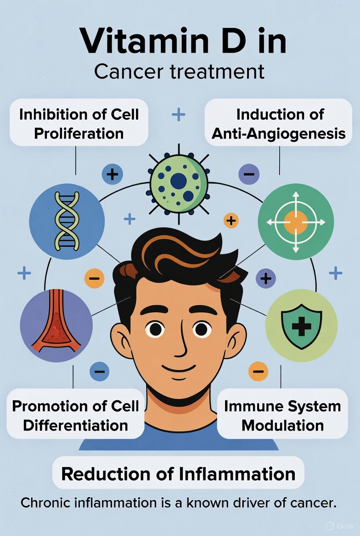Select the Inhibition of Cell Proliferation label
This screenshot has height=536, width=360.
pos(79,123)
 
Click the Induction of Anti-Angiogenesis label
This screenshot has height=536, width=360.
pos(278,123)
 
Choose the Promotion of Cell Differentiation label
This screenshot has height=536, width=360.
pos(75,415)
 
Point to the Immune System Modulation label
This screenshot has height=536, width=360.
pos(282,415)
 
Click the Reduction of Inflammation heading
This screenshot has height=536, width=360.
pos(178,474)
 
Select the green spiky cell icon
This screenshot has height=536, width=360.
pos(179,183)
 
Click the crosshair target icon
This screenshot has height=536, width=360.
pos(296,222)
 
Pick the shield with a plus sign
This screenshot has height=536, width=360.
pos(301,325)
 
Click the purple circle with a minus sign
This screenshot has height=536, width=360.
pos(249,174)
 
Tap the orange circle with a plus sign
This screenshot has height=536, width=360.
pos(231,221)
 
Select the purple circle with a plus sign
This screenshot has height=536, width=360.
pos(265,278)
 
